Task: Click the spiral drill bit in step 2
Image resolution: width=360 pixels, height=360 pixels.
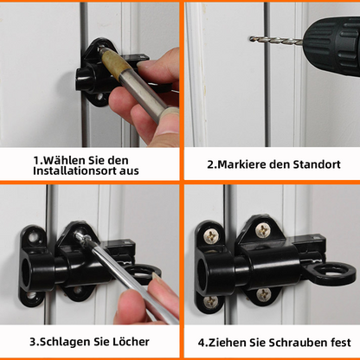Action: click(x=275, y=40)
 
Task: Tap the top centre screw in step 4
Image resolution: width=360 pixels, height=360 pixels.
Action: click(x=262, y=229)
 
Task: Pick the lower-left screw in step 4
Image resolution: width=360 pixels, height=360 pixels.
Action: click(x=210, y=302)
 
